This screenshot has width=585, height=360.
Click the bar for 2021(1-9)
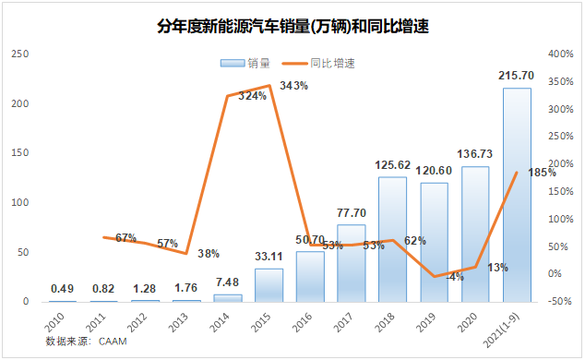(517, 195)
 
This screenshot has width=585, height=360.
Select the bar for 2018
(392, 239)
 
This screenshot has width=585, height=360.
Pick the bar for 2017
(351, 263)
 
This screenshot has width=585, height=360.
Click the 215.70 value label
(517, 74)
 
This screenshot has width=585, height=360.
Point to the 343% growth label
(293, 86)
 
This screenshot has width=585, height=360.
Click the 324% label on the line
(252, 96)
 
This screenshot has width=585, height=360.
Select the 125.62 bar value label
(392, 165)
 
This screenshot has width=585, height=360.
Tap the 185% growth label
(542, 172)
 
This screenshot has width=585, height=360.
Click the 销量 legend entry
(246, 63)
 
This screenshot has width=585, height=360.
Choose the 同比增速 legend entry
(320, 63)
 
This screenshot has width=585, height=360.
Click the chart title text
(293, 27)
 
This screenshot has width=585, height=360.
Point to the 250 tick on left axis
(18, 54)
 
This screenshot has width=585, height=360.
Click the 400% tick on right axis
(561, 54)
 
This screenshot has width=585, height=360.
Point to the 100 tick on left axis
(18, 203)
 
